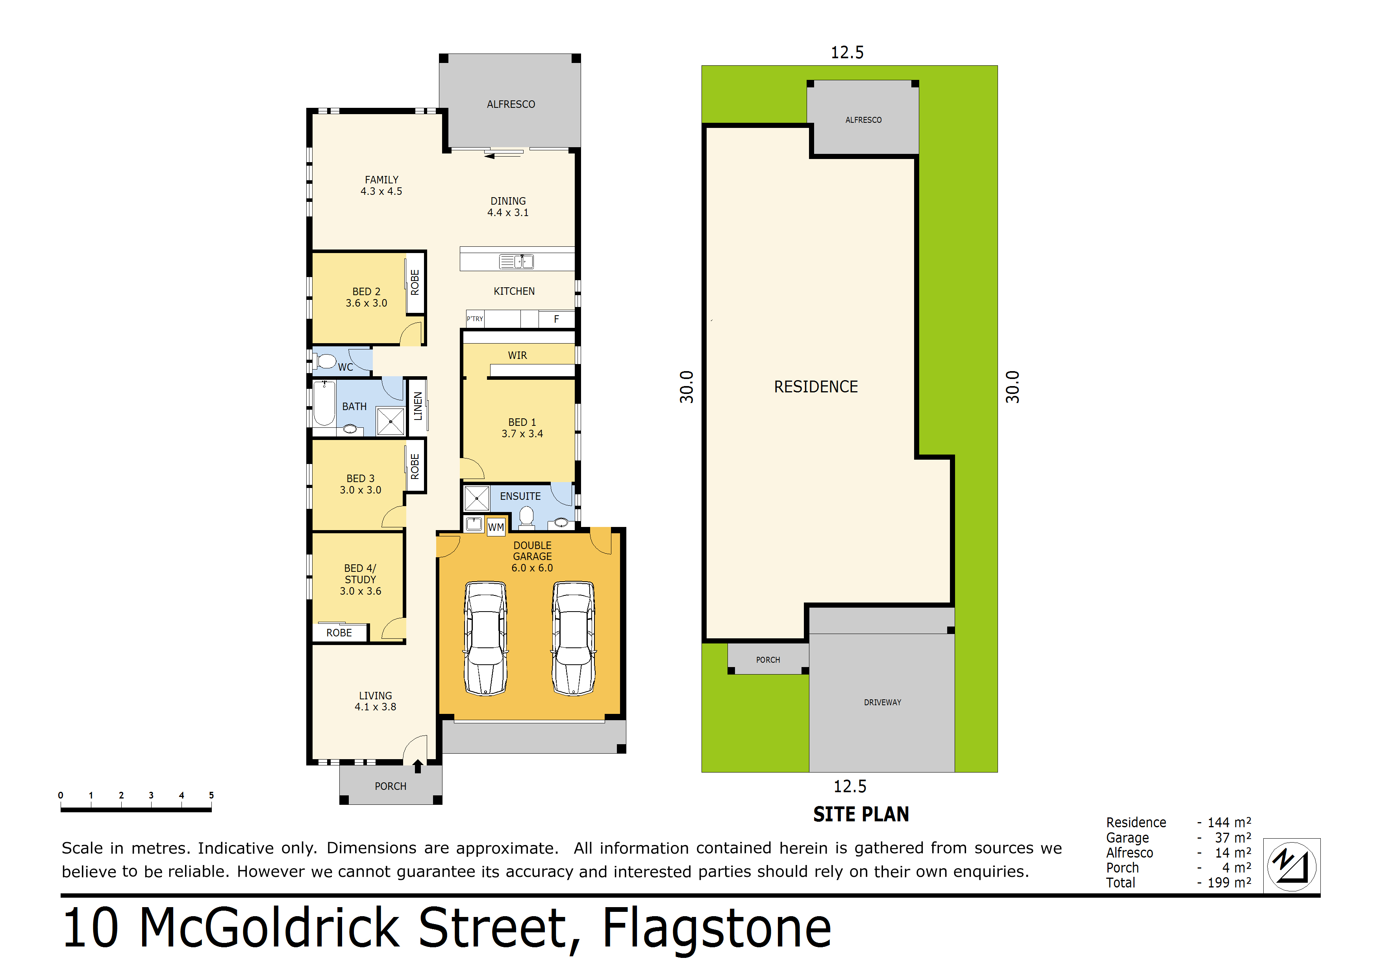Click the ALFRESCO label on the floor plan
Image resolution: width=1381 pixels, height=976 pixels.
pyautogui.click(x=511, y=104)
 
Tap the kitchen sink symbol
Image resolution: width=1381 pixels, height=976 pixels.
pyautogui.click(x=516, y=262)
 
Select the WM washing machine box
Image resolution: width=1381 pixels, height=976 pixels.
pyautogui.click(x=496, y=527)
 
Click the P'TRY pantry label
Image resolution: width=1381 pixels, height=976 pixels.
pyautogui.click(x=474, y=319)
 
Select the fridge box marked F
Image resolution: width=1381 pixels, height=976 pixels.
pyautogui.click(x=556, y=319)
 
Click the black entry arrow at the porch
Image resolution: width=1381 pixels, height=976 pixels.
pyautogui.click(x=417, y=766)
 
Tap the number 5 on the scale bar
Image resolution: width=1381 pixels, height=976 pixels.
pyautogui.click(x=211, y=795)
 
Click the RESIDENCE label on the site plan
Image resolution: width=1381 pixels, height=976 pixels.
pyautogui.click(x=816, y=387)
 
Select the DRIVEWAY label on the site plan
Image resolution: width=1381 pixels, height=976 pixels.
pyautogui.click(x=882, y=702)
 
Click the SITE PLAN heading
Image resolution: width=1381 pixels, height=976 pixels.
pyautogui.click(x=861, y=814)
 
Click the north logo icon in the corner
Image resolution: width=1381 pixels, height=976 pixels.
pyautogui.click(x=1291, y=866)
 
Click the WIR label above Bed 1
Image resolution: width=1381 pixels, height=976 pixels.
pyautogui.click(x=517, y=355)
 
